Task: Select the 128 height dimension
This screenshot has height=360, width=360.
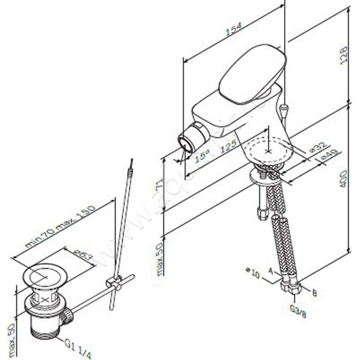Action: [x=344, y=56]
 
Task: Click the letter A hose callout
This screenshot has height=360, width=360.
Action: [x=270, y=270]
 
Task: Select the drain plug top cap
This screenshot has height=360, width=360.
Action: [x=44, y=277]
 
